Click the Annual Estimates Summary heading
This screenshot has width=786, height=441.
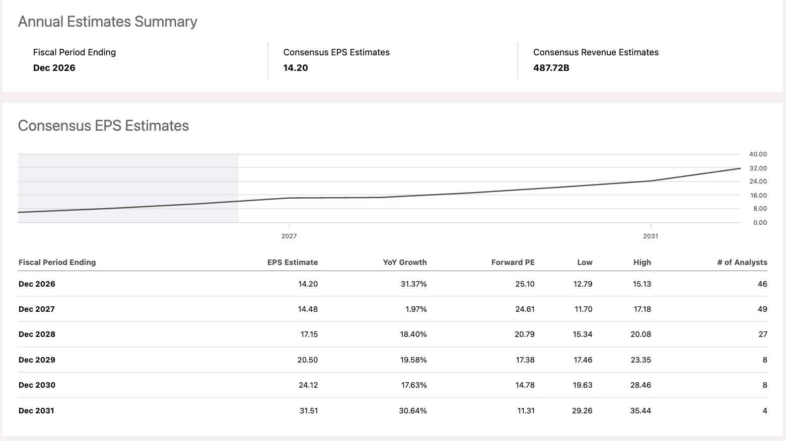coord(107,22)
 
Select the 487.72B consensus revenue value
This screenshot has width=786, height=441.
coord(551,68)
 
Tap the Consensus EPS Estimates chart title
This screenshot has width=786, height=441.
coord(104,126)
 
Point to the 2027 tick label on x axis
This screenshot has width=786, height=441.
coord(289,236)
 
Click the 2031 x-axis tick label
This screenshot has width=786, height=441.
coord(651,236)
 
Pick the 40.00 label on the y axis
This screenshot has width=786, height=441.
coord(758,154)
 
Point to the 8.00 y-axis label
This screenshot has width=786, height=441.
coord(760,209)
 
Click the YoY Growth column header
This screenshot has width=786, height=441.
coord(405,262)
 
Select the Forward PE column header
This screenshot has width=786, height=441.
coord(513,262)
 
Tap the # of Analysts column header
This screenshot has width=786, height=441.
coord(742,262)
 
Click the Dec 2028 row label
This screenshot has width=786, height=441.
coord(37,334)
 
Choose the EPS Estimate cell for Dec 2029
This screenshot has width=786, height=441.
coord(308,360)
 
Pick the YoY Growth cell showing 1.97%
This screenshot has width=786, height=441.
coord(416,309)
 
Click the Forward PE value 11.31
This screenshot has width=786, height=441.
coord(526,411)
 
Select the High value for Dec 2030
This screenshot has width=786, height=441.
coord(640,385)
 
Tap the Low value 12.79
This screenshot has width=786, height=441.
coord(583,284)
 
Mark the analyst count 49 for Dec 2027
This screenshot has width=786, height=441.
coord(762,309)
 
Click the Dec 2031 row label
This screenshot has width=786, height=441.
coord(36,411)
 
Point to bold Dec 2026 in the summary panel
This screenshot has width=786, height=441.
coord(54,68)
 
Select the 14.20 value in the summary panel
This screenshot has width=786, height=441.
coord(296,68)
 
